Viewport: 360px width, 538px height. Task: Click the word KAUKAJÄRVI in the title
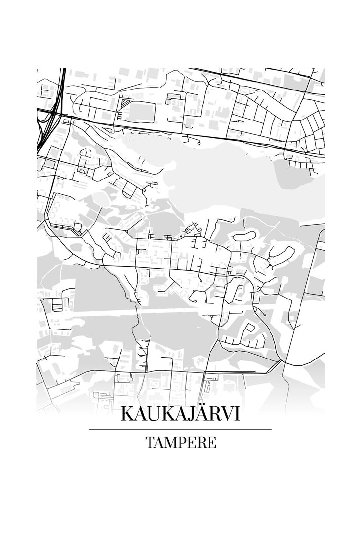(180, 414)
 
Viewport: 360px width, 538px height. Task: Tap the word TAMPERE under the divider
(180, 443)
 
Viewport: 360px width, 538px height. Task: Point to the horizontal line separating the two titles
(180, 429)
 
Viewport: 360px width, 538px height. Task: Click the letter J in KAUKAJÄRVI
(184, 415)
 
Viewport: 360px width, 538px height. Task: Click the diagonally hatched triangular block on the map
(126, 103)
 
